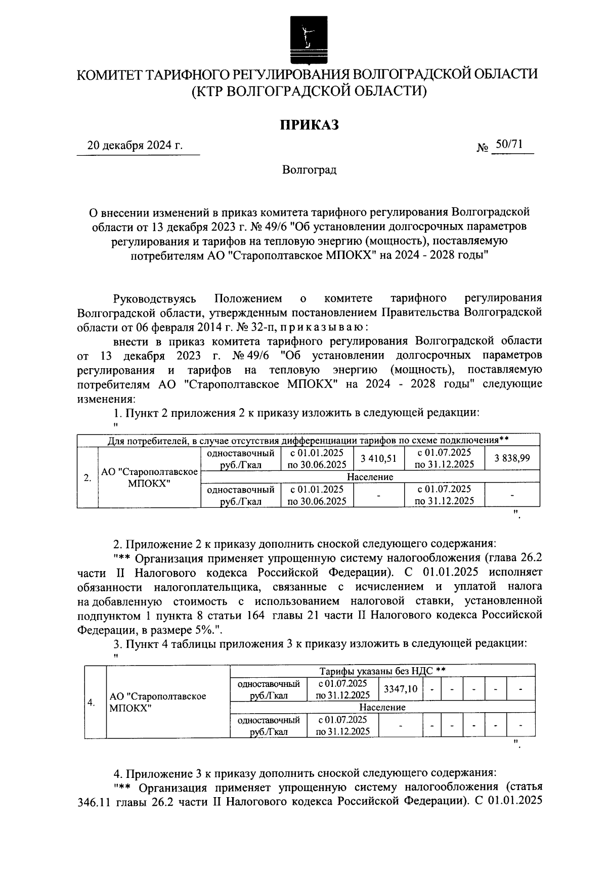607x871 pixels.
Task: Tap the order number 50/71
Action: point(509,145)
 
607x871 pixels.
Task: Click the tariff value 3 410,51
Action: point(378,458)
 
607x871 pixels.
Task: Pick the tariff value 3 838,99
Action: point(512,458)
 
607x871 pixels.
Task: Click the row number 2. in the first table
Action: point(88,477)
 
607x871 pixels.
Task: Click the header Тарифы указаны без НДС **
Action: point(382,671)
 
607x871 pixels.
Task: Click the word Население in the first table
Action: point(370,477)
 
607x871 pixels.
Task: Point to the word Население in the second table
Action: point(382,707)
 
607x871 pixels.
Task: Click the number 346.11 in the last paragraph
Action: point(94,802)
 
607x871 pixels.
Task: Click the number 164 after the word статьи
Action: point(257,615)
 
